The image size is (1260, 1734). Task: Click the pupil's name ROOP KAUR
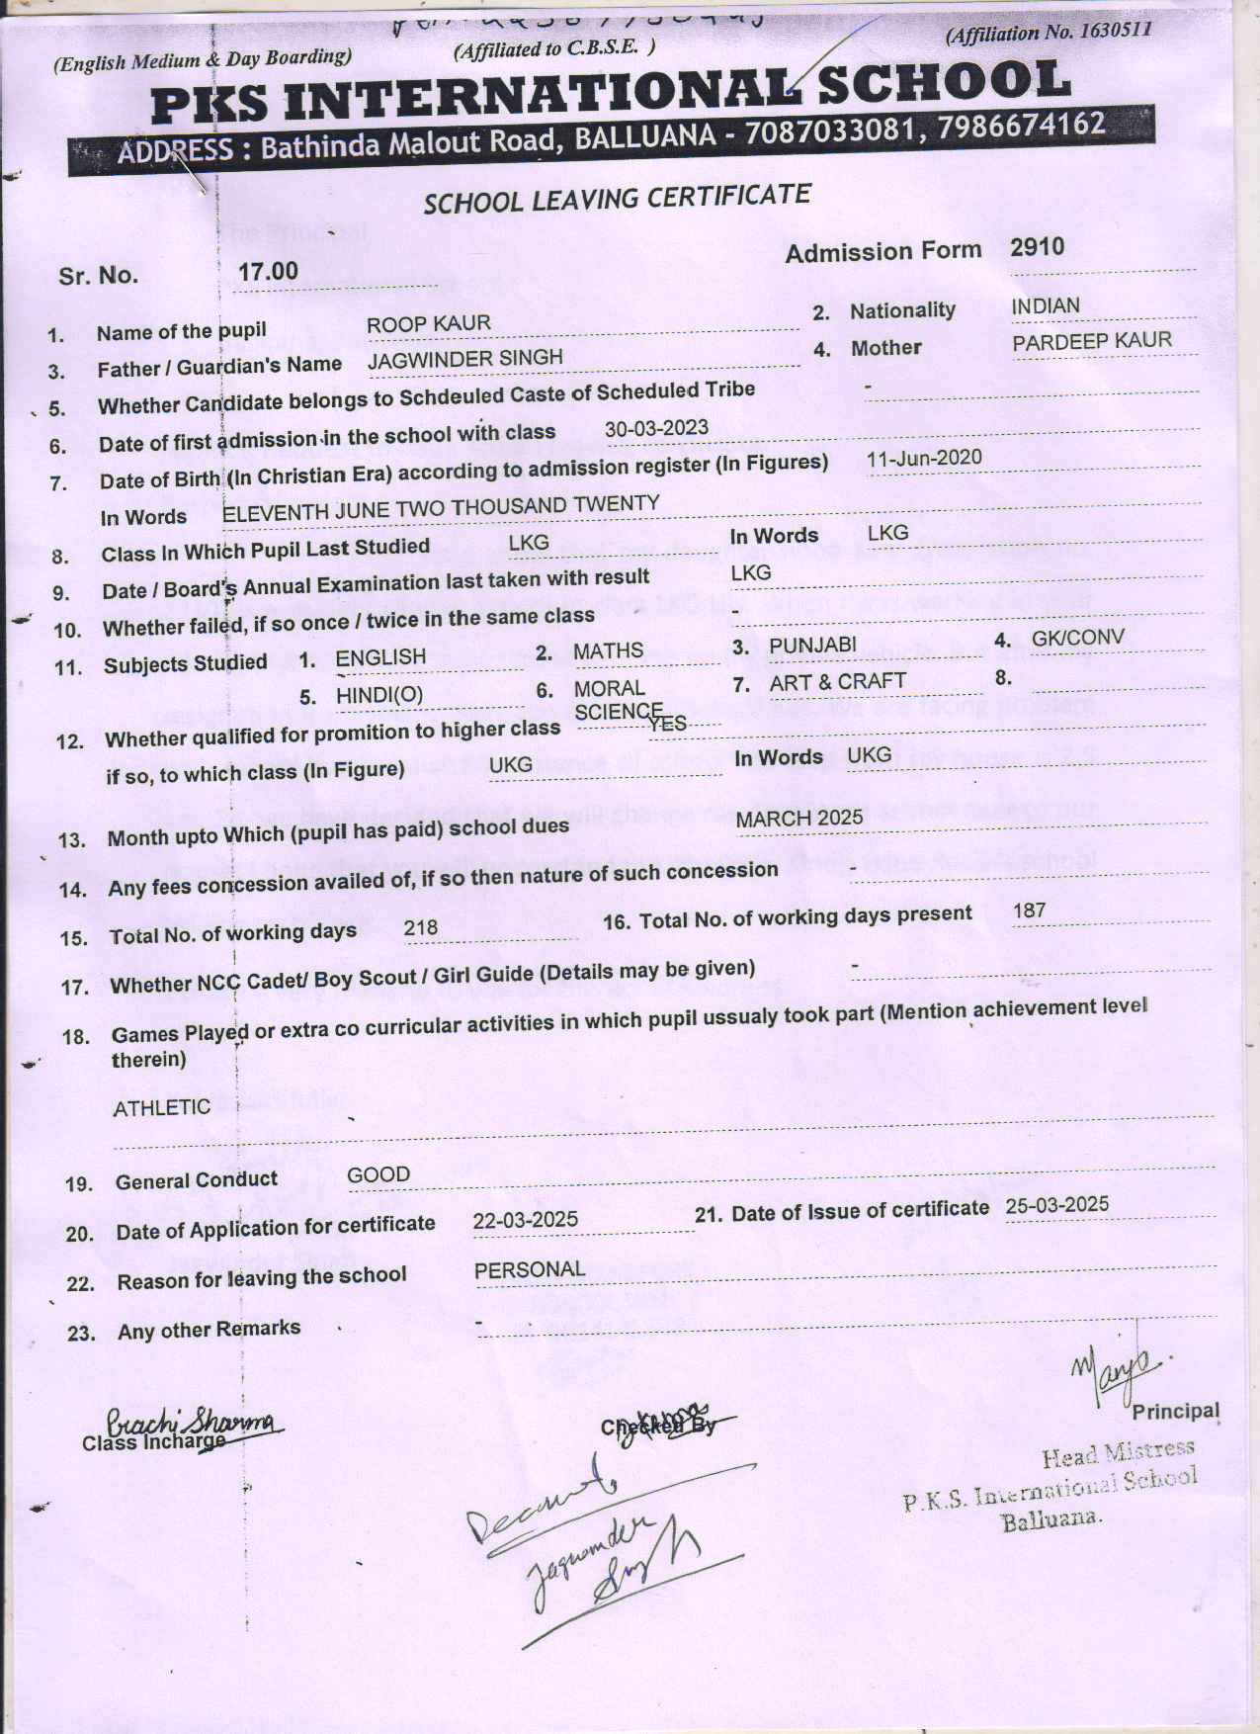coord(428,325)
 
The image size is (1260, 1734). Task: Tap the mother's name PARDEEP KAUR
coord(1092,342)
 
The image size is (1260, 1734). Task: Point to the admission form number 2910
coord(1037,247)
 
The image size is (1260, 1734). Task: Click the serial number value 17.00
coord(268,271)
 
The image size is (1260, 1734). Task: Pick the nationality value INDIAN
coord(1045,306)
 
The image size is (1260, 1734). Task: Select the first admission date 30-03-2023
coord(656,428)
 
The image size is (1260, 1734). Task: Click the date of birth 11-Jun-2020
coord(924,458)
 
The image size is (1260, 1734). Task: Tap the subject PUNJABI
coord(812,646)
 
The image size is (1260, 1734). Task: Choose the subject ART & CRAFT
coord(837,682)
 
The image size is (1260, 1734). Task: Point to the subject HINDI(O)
coord(378,695)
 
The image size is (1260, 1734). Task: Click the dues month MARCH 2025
coord(799,818)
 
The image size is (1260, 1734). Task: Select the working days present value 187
coord(1029,910)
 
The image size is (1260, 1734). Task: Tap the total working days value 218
coord(420,927)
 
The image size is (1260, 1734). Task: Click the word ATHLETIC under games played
coord(161,1107)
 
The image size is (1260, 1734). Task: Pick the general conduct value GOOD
coord(378,1174)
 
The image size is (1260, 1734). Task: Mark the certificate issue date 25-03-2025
coord(1056,1205)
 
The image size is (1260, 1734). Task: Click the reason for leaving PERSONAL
coord(530,1269)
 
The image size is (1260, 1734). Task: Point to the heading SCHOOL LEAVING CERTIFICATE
coord(617,199)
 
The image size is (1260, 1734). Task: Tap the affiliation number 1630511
coord(1116,30)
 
